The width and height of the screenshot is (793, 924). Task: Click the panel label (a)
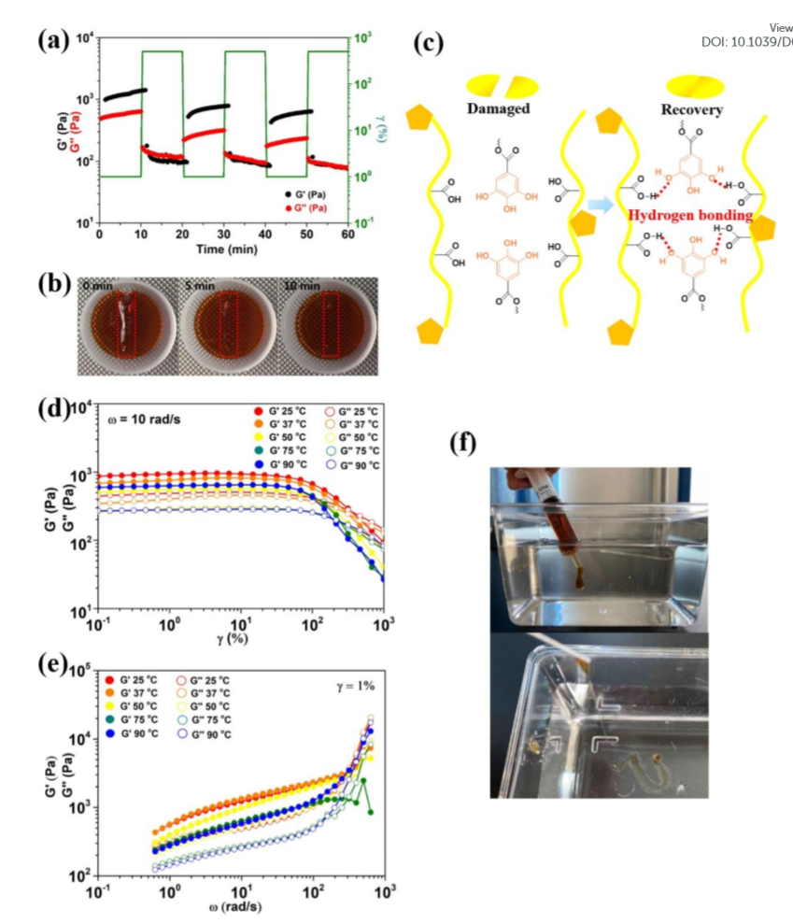(53, 40)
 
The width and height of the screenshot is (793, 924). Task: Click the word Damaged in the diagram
(498, 108)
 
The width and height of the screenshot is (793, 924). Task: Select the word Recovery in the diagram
(691, 108)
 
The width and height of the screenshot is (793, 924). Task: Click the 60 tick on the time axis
(348, 235)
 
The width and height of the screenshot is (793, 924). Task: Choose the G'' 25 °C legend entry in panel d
(349, 411)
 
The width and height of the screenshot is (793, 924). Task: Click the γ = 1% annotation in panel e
(355, 686)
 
